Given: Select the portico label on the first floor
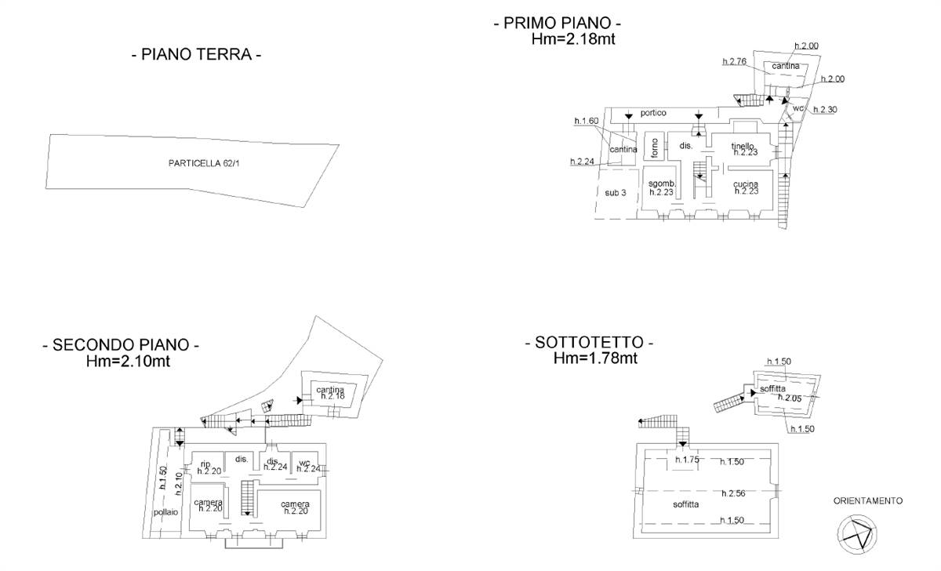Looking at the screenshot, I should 652,113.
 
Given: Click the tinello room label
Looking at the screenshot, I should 743,146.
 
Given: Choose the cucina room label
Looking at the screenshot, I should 746,184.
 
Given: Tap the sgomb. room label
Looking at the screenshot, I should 662,184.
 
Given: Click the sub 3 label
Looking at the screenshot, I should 616,192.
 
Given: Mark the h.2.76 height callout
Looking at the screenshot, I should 734,60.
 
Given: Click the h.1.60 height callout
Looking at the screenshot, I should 586,121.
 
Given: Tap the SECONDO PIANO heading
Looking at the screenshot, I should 121,345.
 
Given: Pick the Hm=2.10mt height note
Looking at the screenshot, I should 129,362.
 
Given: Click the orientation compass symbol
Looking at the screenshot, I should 856,535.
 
